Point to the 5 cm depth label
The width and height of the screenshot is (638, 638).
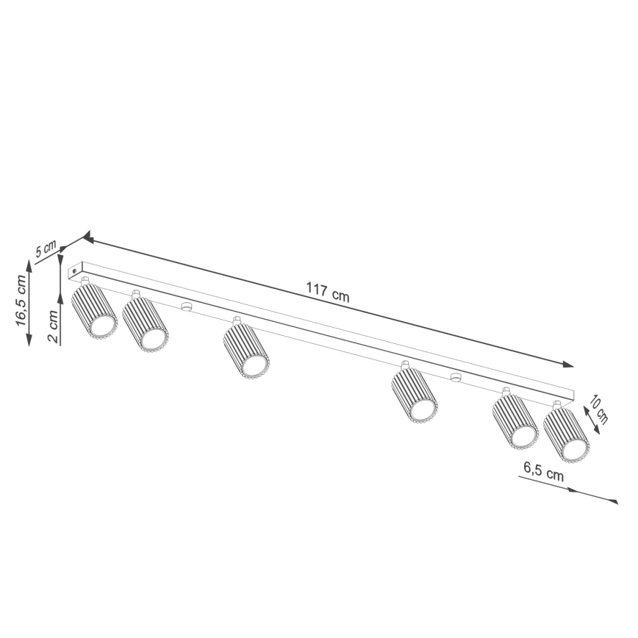point(46,248)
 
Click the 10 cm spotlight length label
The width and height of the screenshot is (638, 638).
point(600,410)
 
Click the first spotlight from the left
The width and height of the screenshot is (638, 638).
point(94,312)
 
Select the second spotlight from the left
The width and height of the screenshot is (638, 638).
point(145,323)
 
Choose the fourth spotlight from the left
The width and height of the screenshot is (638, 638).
point(414,396)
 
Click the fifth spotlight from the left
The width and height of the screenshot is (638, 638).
point(515,421)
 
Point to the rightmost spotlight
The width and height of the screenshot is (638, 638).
point(567,434)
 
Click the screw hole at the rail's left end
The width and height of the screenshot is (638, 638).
point(74,273)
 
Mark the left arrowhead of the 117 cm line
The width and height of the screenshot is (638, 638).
point(87,237)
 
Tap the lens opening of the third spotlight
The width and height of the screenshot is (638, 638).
point(254,365)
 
